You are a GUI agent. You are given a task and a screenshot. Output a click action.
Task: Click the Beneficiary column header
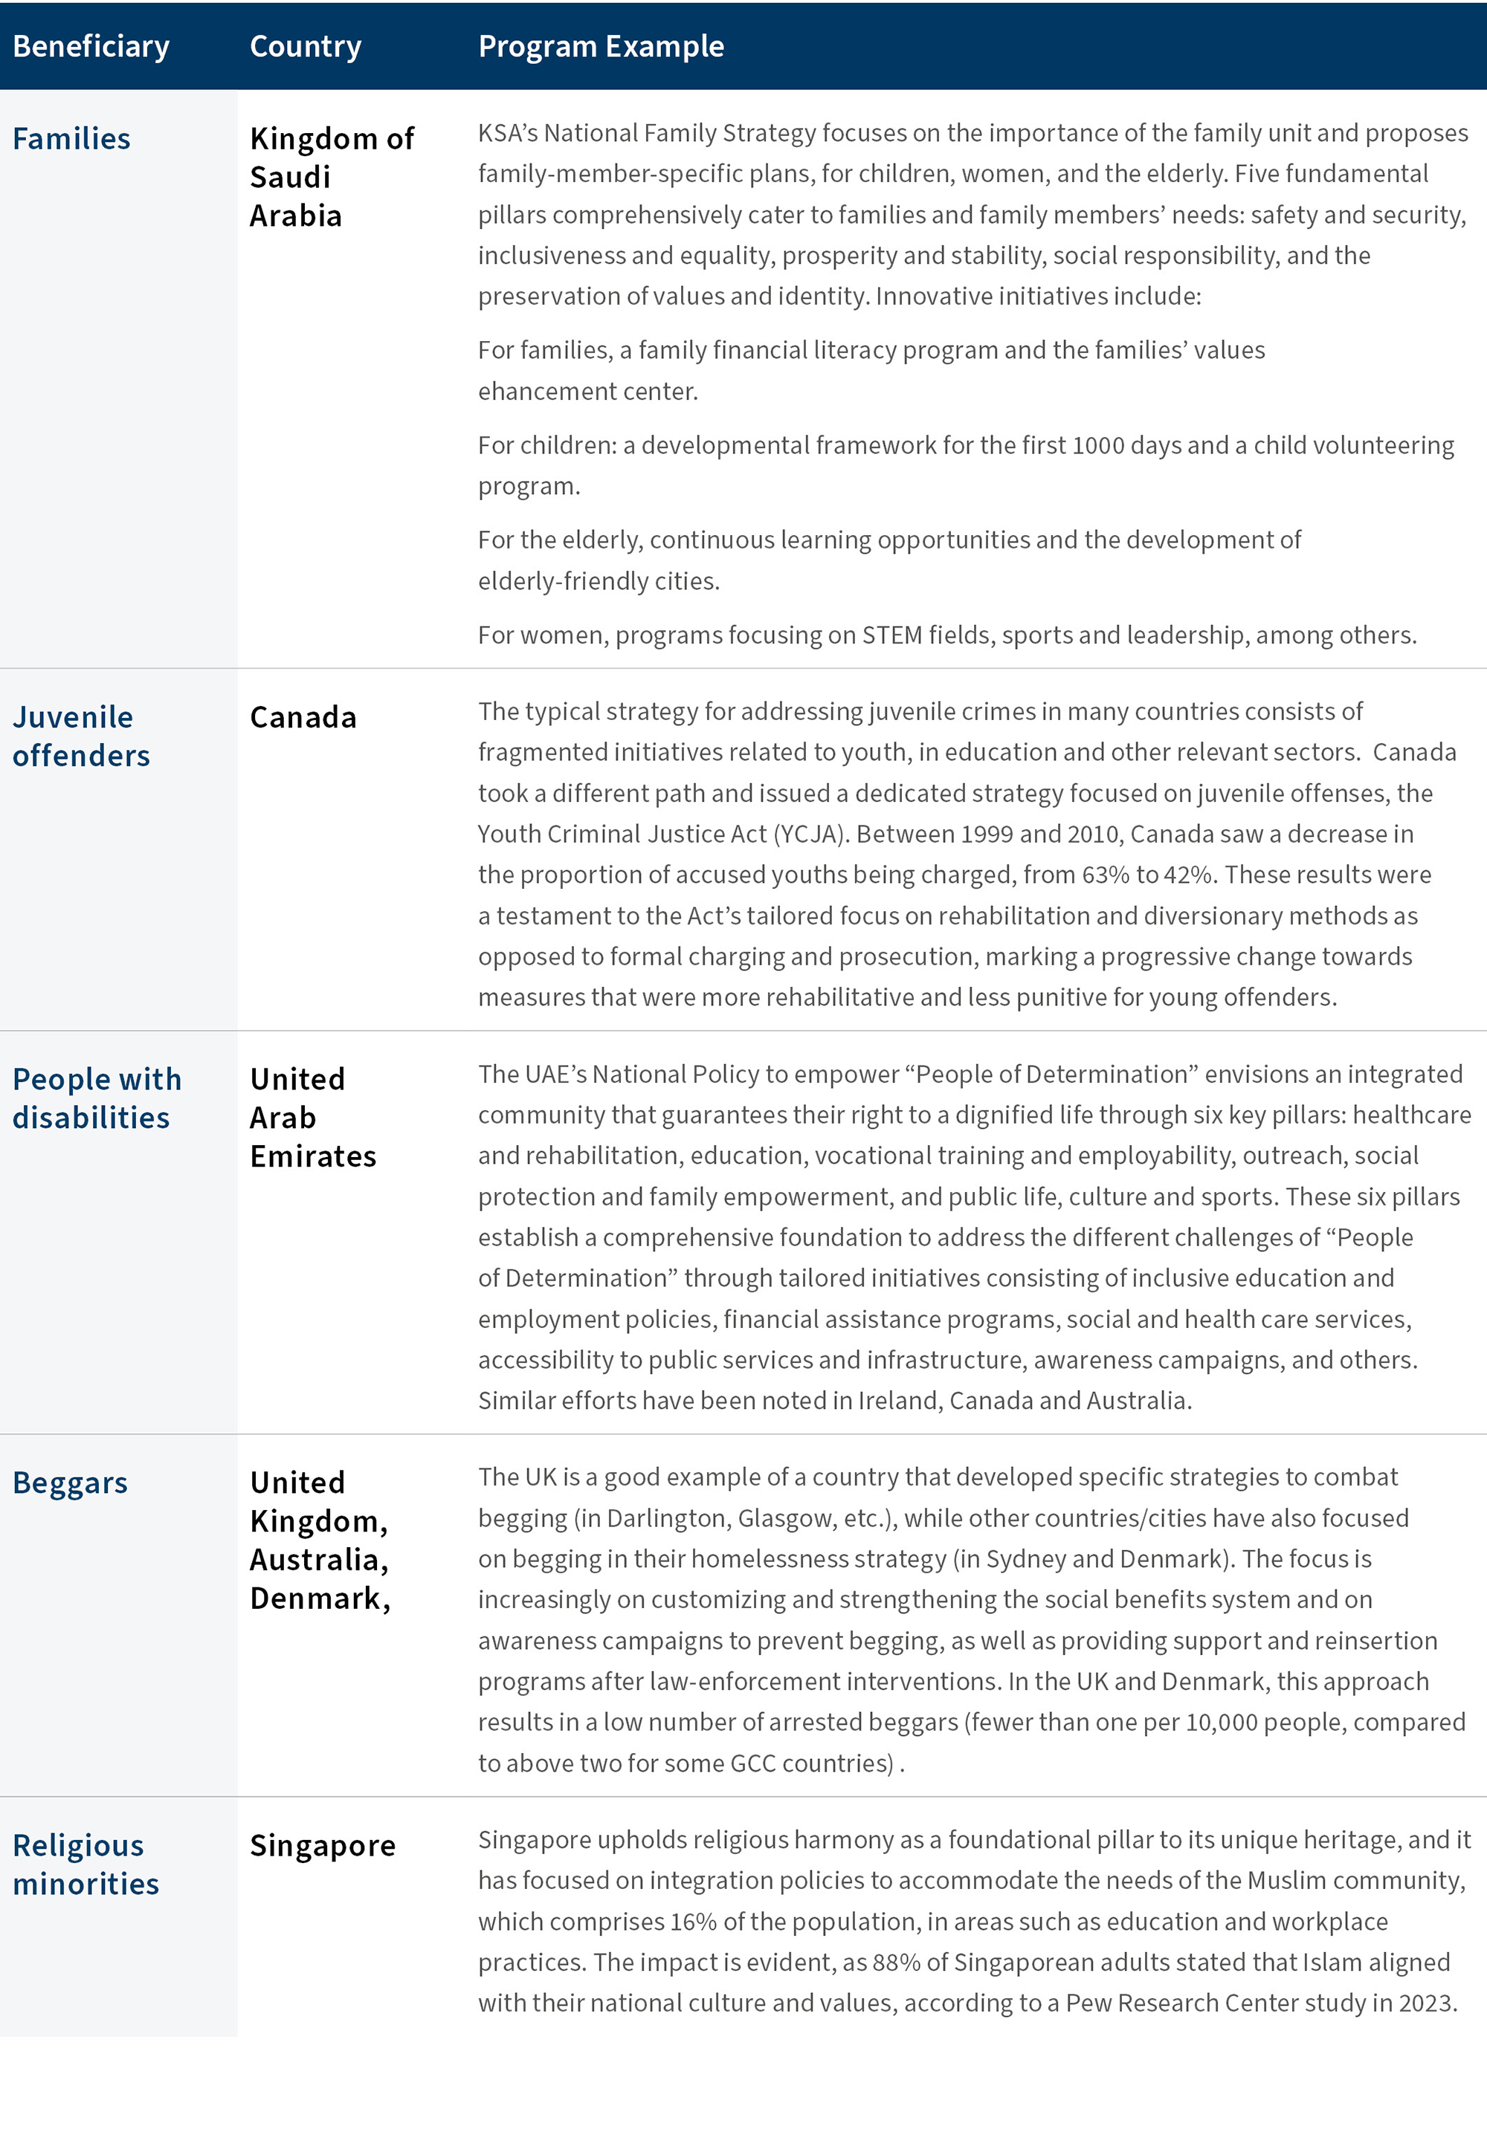91,46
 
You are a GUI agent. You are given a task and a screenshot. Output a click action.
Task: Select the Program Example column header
601,46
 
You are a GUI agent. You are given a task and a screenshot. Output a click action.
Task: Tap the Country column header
306,46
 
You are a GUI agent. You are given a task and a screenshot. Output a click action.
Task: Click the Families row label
71,138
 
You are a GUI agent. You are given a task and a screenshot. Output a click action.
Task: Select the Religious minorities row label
86,1864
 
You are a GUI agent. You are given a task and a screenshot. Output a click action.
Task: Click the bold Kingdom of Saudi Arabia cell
331,176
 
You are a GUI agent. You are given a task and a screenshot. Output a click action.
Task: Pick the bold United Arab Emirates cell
313,1117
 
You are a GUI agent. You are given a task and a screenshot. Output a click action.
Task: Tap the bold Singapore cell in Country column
322,1845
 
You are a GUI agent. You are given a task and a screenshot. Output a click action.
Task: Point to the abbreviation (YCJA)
811,834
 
